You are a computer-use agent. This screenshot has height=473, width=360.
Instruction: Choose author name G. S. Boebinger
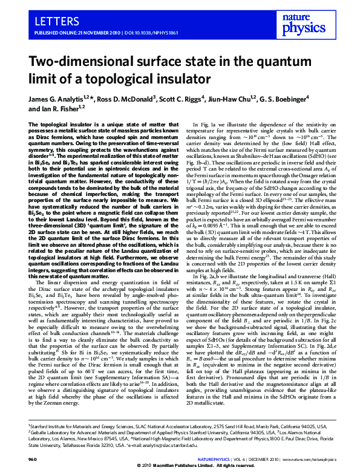(286, 99)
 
